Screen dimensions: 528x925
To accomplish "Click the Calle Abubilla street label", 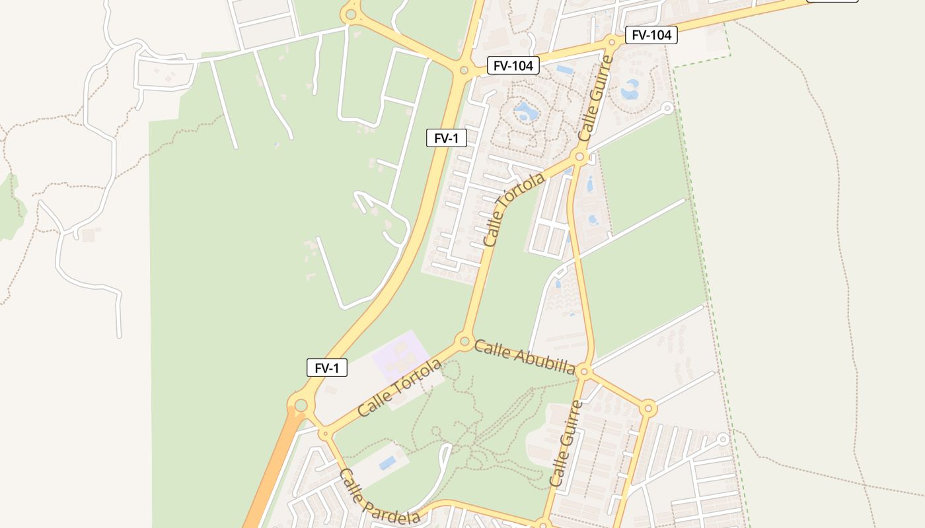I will click(525, 357).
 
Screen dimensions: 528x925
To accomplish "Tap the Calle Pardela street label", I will click(379, 497).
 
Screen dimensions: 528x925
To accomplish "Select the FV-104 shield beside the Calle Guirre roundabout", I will click(651, 35).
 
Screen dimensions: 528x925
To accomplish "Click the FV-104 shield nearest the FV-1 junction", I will click(513, 65).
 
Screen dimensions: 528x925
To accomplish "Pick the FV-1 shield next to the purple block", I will click(327, 368).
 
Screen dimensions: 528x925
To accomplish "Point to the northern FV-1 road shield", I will click(447, 138).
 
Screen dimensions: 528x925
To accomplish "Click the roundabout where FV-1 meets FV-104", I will click(464, 70).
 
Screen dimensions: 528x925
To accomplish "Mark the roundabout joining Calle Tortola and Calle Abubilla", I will click(464, 342).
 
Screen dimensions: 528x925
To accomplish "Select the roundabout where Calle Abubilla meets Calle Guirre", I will click(583, 372).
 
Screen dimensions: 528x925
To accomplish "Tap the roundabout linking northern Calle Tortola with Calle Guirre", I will click(580, 156).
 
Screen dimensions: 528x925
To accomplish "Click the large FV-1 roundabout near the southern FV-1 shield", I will click(301, 405).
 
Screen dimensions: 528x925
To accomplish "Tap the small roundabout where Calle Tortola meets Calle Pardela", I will click(324, 434).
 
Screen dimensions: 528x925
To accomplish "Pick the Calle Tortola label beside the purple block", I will click(400, 387).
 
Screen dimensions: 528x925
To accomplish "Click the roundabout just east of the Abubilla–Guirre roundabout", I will click(648, 408).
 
